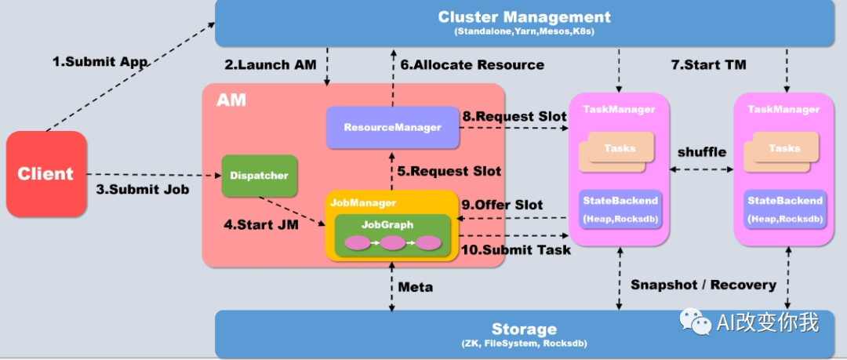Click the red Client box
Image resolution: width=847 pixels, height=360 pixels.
click(x=46, y=174)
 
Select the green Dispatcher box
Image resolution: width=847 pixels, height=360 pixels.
click(x=260, y=176)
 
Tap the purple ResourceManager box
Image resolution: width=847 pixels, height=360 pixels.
click(x=392, y=127)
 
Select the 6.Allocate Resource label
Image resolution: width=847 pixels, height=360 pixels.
click(x=472, y=64)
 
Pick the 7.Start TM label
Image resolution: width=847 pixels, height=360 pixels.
click(x=708, y=64)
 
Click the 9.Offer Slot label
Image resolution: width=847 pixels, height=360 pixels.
click(x=503, y=205)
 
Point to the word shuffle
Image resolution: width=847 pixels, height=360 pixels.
click(x=701, y=151)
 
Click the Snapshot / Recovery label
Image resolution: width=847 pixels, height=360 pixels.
click(x=703, y=285)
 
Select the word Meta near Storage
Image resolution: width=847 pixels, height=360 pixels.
click(x=416, y=287)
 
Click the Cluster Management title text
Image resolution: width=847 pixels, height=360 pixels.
click(x=524, y=16)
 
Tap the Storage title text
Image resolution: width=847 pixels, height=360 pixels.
click(x=524, y=329)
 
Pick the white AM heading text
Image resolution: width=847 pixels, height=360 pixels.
click(x=231, y=100)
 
